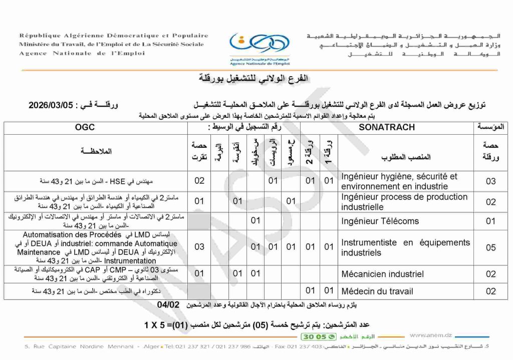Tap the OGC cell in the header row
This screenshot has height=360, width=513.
tap(85, 127)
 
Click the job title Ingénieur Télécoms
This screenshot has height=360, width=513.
tap(380, 221)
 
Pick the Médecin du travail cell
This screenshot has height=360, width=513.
tap(377, 291)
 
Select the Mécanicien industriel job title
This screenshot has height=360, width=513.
tap(382, 274)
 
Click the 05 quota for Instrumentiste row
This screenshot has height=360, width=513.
tap(490, 247)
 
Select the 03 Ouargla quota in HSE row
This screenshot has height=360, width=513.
tap(490, 181)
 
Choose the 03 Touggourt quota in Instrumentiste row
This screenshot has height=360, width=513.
tap(199, 247)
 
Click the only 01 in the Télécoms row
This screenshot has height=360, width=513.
tap(255, 221)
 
